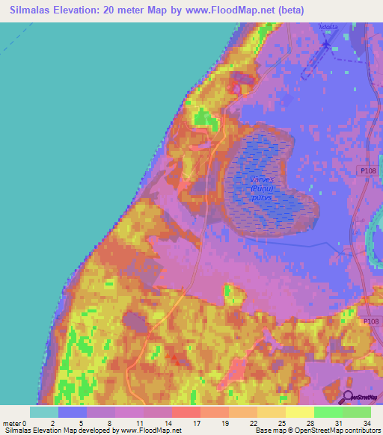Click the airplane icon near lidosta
328,43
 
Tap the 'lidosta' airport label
328,27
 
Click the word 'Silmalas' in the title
37,10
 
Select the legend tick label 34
366,422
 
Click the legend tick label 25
281,422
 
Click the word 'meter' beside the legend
12,422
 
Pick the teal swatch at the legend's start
43,412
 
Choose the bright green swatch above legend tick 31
328,412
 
